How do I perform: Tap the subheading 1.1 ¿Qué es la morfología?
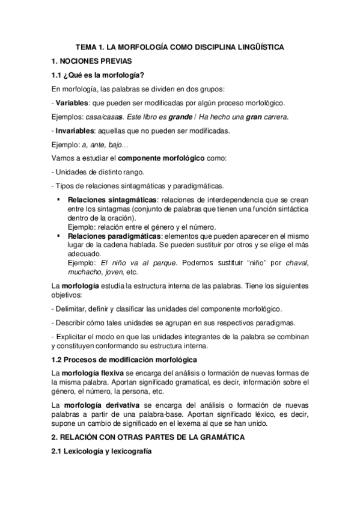pyautogui.click(x=97, y=75)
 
